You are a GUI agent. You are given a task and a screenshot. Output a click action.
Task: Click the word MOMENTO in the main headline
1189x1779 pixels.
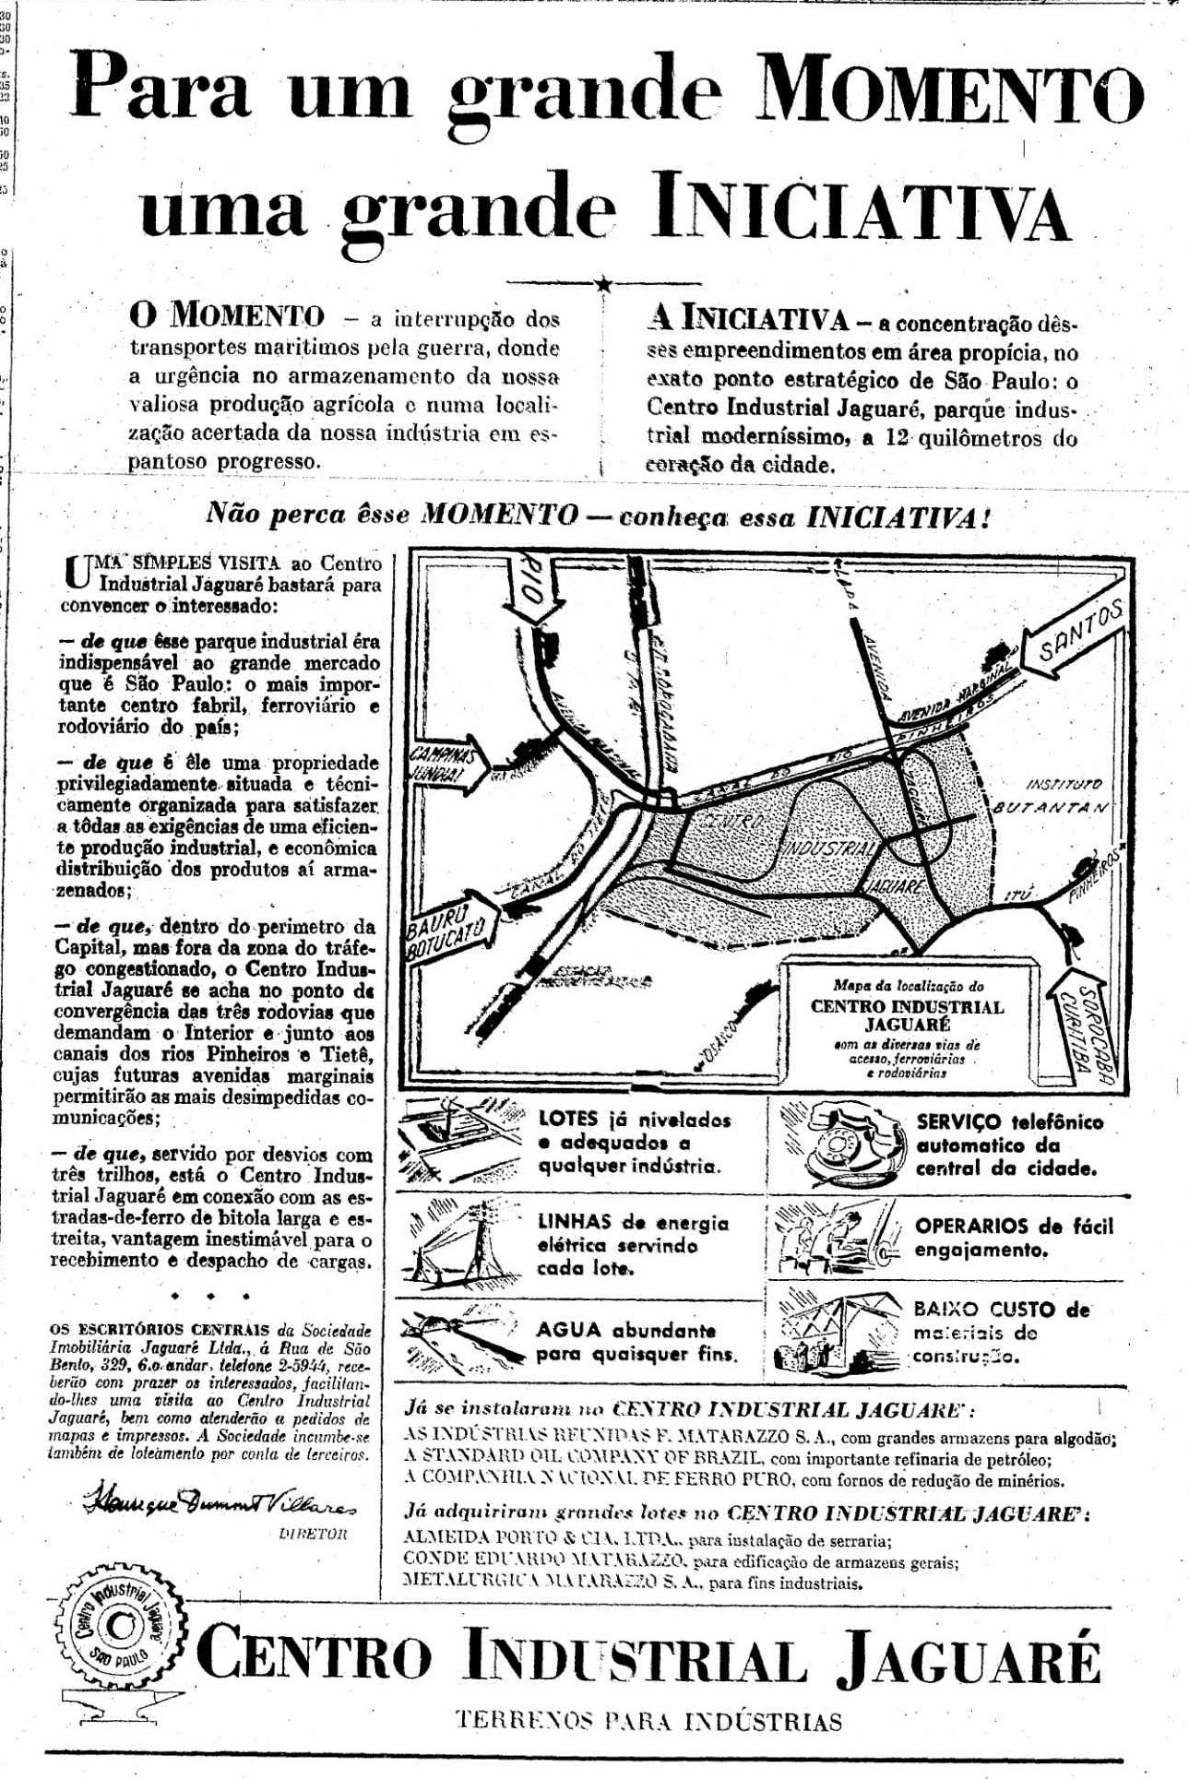click(x=952, y=100)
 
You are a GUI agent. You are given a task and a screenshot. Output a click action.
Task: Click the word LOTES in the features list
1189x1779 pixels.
click(x=569, y=1121)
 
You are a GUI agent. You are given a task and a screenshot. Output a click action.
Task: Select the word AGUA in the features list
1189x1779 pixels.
click(x=568, y=1329)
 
